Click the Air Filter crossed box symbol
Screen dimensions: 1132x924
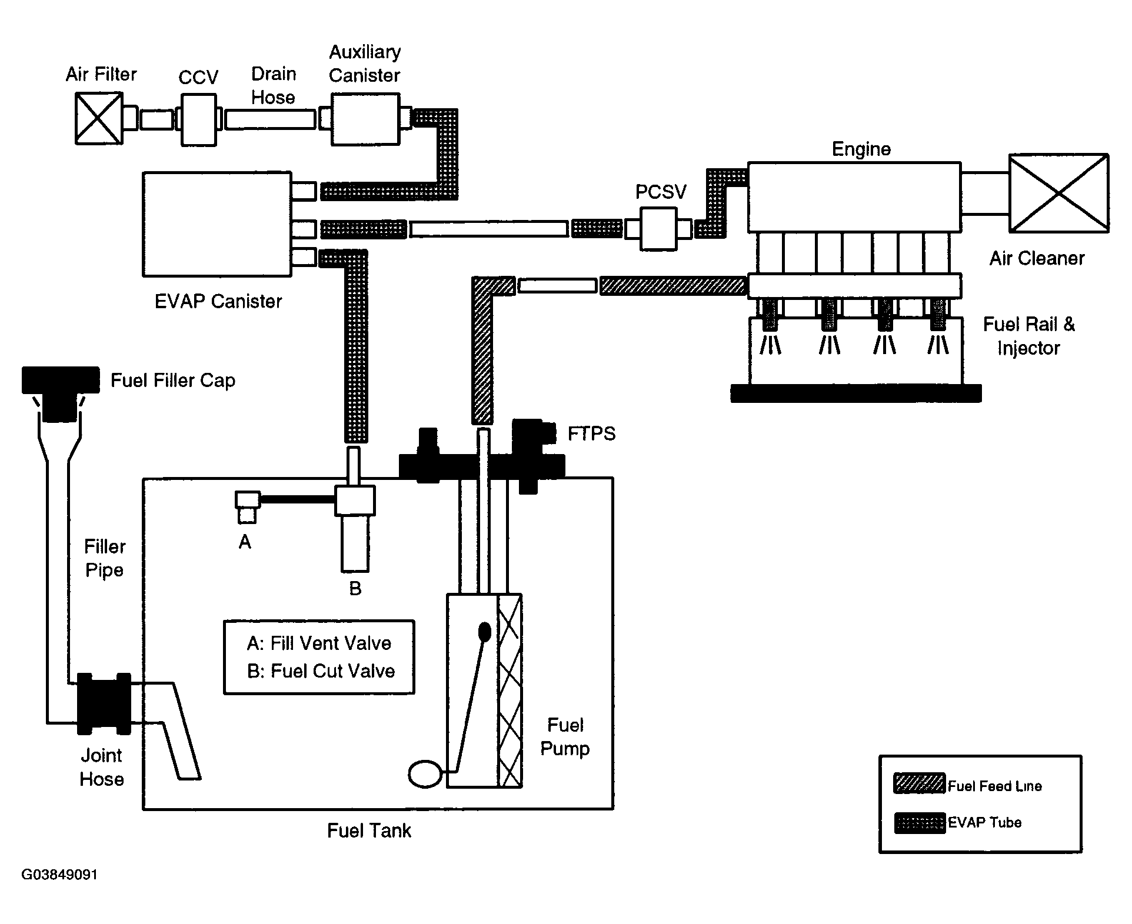[99, 118]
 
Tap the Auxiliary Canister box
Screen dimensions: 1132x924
[365, 119]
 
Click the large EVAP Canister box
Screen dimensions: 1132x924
[217, 224]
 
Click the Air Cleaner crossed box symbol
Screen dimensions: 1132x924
[1058, 193]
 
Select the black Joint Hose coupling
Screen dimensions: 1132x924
[104, 703]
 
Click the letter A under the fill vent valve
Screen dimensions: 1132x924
[245, 542]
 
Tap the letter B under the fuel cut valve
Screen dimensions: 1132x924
[355, 588]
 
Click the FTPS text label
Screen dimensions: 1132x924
[591, 433]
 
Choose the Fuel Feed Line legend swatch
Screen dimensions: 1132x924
[920, 783]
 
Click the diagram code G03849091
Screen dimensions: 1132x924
[59, 875]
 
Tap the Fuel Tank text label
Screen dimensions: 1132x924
[369, 830]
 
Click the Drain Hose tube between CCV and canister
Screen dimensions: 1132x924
[270, 119]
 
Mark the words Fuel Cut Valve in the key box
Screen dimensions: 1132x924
[332, 671]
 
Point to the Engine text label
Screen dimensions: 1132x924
[861, 149]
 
